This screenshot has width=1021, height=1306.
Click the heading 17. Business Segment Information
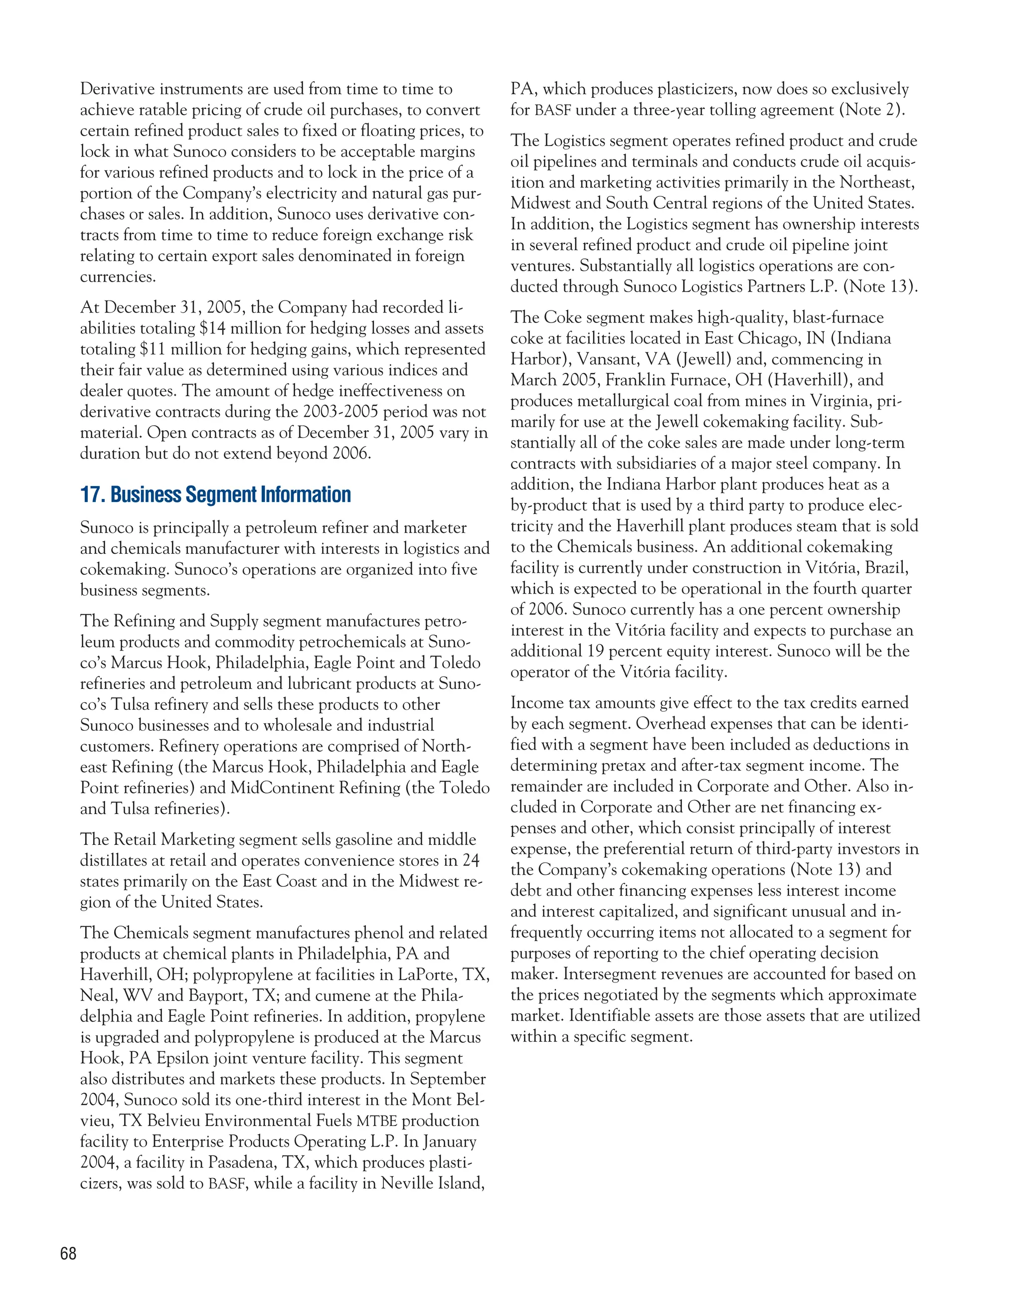click(215, 495)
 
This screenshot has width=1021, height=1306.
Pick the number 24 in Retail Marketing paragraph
click(471, 860)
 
